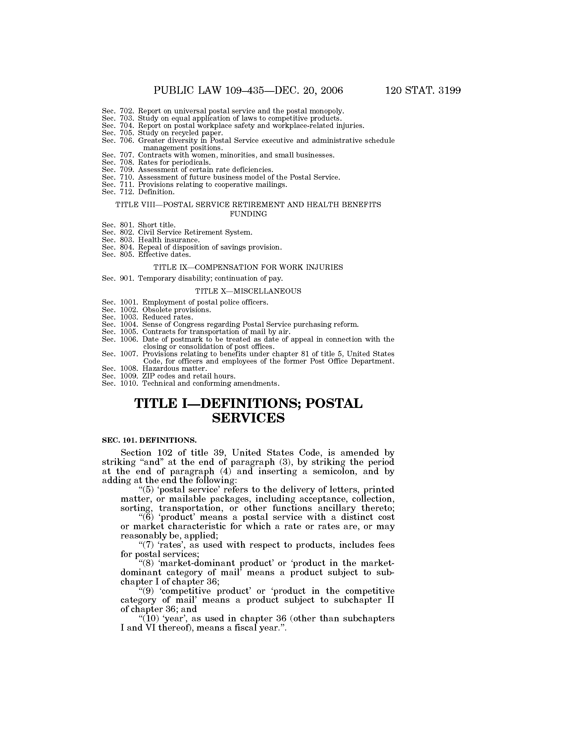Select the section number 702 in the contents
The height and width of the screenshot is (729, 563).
(127, 111)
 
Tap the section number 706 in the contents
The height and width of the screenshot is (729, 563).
(127, 140)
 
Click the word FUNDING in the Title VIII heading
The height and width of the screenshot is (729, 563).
(248, 214)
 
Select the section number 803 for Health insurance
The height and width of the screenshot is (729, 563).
(127, 240)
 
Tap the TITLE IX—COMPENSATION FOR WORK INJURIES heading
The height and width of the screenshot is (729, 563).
(248, 267)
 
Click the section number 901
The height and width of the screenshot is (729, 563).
(127, 278)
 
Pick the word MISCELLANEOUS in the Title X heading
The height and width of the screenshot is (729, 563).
(267, 291)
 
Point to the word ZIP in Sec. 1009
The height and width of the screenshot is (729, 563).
(148, 376)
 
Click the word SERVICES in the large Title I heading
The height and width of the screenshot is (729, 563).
(248, 418)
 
